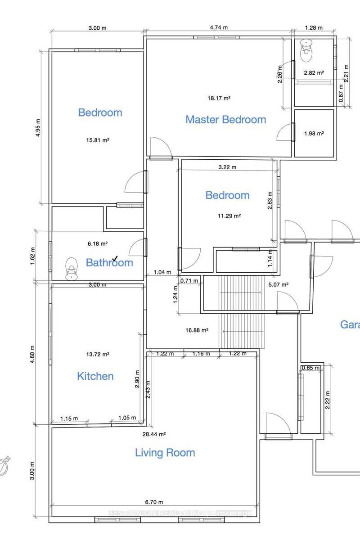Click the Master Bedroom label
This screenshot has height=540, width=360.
click(x=225, y=120)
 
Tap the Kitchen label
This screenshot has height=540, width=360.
click(x=95, y=376)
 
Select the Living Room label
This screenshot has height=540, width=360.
click(x=165, y=453)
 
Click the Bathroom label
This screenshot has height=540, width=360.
click(x=109, y=263)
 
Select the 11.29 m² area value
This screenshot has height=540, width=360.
click(x=229, y=216)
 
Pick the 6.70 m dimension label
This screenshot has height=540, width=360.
click(x=154, y=502)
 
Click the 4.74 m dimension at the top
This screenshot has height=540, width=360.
click(x=219, y=27)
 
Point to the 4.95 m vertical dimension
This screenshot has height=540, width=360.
click(x=38, y=128)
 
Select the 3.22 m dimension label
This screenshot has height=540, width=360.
click(x=227, y=167)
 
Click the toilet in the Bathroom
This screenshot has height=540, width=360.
click(x=71, y=269)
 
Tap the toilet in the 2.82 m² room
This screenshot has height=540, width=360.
click(x=307, y=52)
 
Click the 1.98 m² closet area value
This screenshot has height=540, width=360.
click(x=314, y=134)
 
